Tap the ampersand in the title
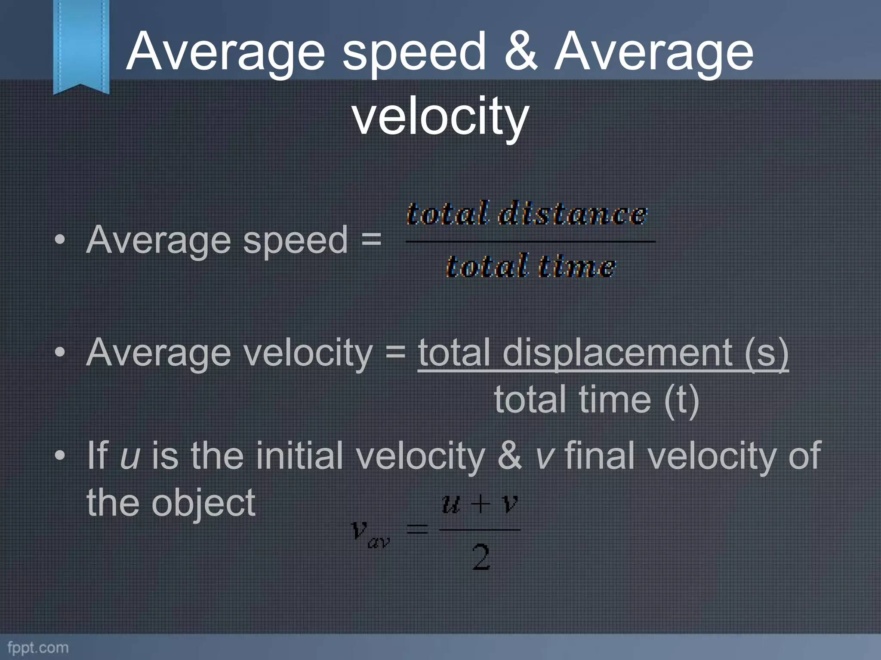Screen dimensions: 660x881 point(521,52)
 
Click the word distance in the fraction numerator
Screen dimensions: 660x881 point(572,214)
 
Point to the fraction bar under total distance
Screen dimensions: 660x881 point(530,241)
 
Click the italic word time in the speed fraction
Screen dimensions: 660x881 point(576,266)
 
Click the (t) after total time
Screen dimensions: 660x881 point(681,400)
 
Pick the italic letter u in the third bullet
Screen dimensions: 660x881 point(130,456)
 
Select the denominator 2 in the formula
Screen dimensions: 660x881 point(481,557)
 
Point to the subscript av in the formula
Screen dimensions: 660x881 point(379,542)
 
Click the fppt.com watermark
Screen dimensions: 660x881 point(38,648)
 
